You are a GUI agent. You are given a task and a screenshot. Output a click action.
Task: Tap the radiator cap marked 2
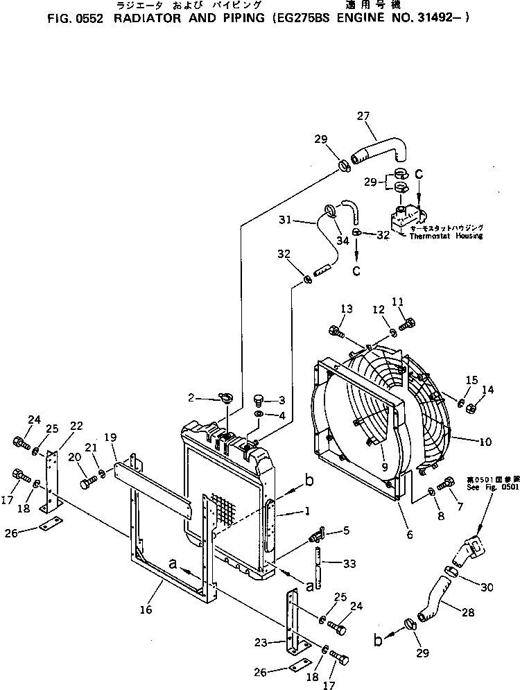pyautogui.click(x=227, y=398)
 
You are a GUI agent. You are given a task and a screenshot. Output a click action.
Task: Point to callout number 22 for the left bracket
pyautogui.click(x=76, y=425)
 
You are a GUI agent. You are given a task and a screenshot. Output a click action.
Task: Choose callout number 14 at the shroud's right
pyautogui.click(x=489, y=390)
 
